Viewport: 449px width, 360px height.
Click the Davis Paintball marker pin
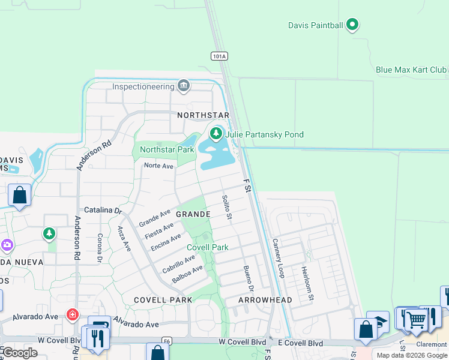pos(352,25)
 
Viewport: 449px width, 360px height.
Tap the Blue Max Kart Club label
pos(411,70)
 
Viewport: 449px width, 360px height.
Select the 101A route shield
pos(219,56)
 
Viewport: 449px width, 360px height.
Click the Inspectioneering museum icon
pos(184,86)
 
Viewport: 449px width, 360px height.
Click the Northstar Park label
pos(167,149)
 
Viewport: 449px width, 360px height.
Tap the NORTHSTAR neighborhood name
pos(203,115)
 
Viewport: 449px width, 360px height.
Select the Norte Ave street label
pos(158,166)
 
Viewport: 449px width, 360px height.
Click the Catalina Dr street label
pos(103,210)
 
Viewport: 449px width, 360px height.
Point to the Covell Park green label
pos(207,247)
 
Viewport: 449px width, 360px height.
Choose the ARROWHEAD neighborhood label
pos(265,300)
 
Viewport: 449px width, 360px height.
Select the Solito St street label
pos(226,206)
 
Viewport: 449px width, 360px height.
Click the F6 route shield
pos(167,341)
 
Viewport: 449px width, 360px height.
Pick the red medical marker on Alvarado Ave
pos(73,314)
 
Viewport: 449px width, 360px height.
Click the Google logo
pos(20,352)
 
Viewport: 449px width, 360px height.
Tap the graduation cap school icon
pos(378,322)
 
